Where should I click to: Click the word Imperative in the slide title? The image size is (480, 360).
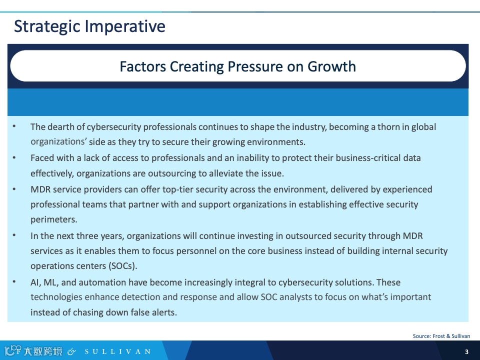(125, 26)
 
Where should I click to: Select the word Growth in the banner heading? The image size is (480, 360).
(331, 66)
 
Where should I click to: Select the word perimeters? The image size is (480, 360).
(54, 219)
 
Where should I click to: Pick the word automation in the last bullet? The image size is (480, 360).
(102, 282)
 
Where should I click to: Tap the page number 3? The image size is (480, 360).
(466, 351)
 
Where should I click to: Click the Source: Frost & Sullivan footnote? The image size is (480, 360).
(441, 336)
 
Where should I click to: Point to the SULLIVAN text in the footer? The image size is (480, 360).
(118, 351)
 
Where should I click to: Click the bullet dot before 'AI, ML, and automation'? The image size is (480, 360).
(14, 281)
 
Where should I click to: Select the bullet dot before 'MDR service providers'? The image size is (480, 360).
(14, 189)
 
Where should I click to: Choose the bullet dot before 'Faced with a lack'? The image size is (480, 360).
(14, 157)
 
